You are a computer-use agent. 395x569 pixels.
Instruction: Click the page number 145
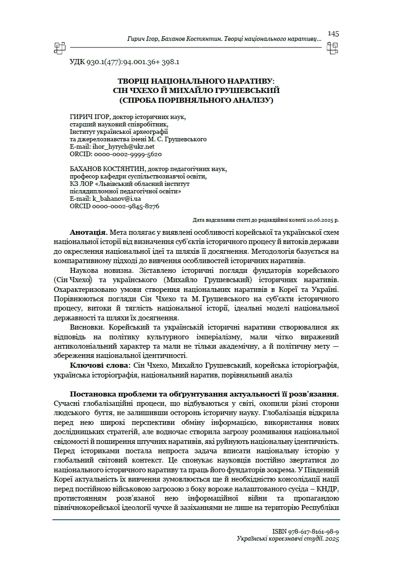pyautogui.click(x=333, y=33)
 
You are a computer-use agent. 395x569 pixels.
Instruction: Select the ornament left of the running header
pyautogui.click(x=59, y=46)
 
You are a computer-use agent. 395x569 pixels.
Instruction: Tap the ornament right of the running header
pyautogui.click(x=332, y=46)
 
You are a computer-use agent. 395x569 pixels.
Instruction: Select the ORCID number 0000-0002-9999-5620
pyautogui.click(x=128, y=153)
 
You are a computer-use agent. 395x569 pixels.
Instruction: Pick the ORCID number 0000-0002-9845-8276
pyautogui.click(x=126, y=206)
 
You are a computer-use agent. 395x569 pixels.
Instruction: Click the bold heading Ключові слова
pyautogui.click(x=99, y=366)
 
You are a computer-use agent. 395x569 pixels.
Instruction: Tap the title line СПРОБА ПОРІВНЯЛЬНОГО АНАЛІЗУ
pyautogui.click(x=197, y=99)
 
